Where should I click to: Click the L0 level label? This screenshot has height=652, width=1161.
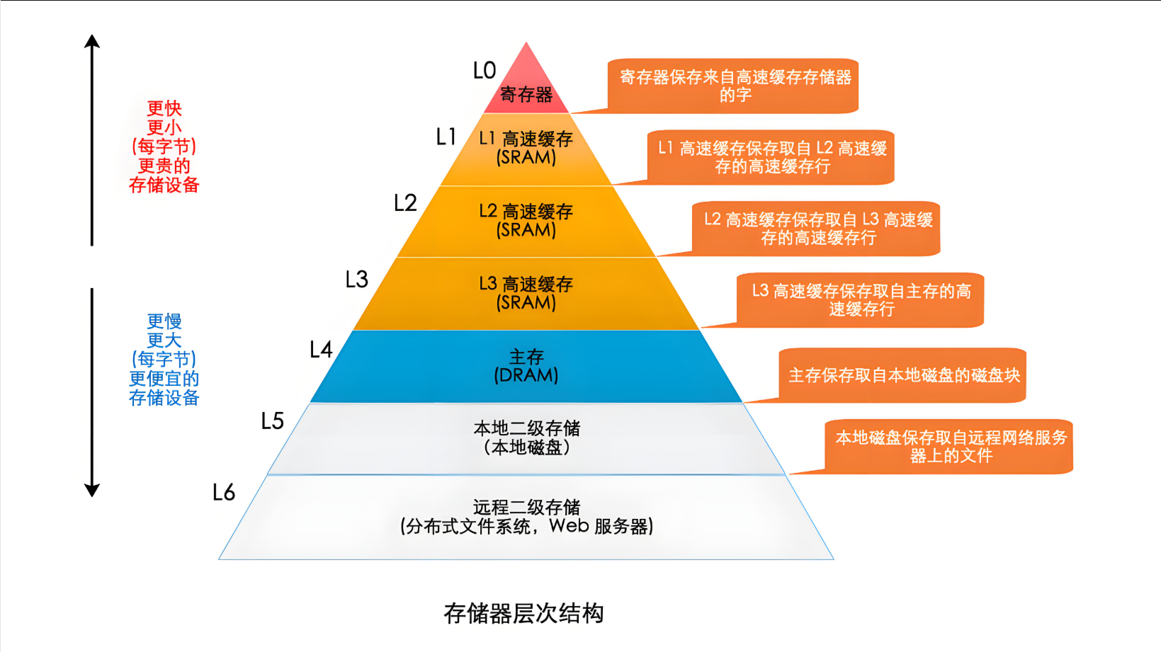485,71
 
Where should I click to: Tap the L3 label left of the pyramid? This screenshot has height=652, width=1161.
357,280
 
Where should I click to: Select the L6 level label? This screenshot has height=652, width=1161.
224,493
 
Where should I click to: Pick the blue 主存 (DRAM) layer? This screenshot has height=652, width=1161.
526,366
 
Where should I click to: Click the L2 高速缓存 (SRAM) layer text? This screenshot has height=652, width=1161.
526,220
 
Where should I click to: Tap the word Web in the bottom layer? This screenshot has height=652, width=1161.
569,526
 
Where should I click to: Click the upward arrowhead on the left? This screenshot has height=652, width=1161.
92,41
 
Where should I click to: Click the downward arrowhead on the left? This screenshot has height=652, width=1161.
92,490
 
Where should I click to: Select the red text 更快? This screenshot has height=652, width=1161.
164,108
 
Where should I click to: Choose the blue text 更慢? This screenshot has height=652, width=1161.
164,321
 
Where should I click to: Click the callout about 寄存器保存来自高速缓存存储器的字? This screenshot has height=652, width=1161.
735,86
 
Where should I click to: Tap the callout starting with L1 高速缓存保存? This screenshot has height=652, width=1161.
772,157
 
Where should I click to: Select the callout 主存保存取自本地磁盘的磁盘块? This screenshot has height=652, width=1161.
904,375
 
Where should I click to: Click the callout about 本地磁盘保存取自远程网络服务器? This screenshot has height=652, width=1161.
951,447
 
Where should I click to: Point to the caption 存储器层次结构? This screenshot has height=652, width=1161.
523,613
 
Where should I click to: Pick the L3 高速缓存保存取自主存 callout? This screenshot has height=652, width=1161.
861,300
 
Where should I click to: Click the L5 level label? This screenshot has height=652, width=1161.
273,421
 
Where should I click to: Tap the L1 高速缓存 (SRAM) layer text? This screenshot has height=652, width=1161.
526,148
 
